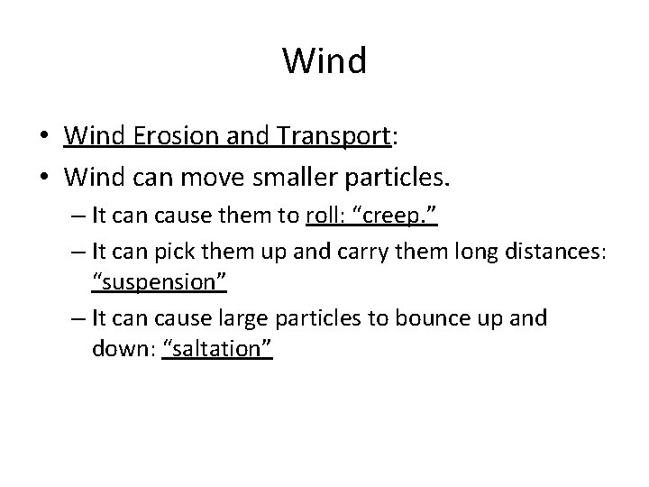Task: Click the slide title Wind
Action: [x=324, y=61]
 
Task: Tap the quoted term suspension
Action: [x=159, y=284]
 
